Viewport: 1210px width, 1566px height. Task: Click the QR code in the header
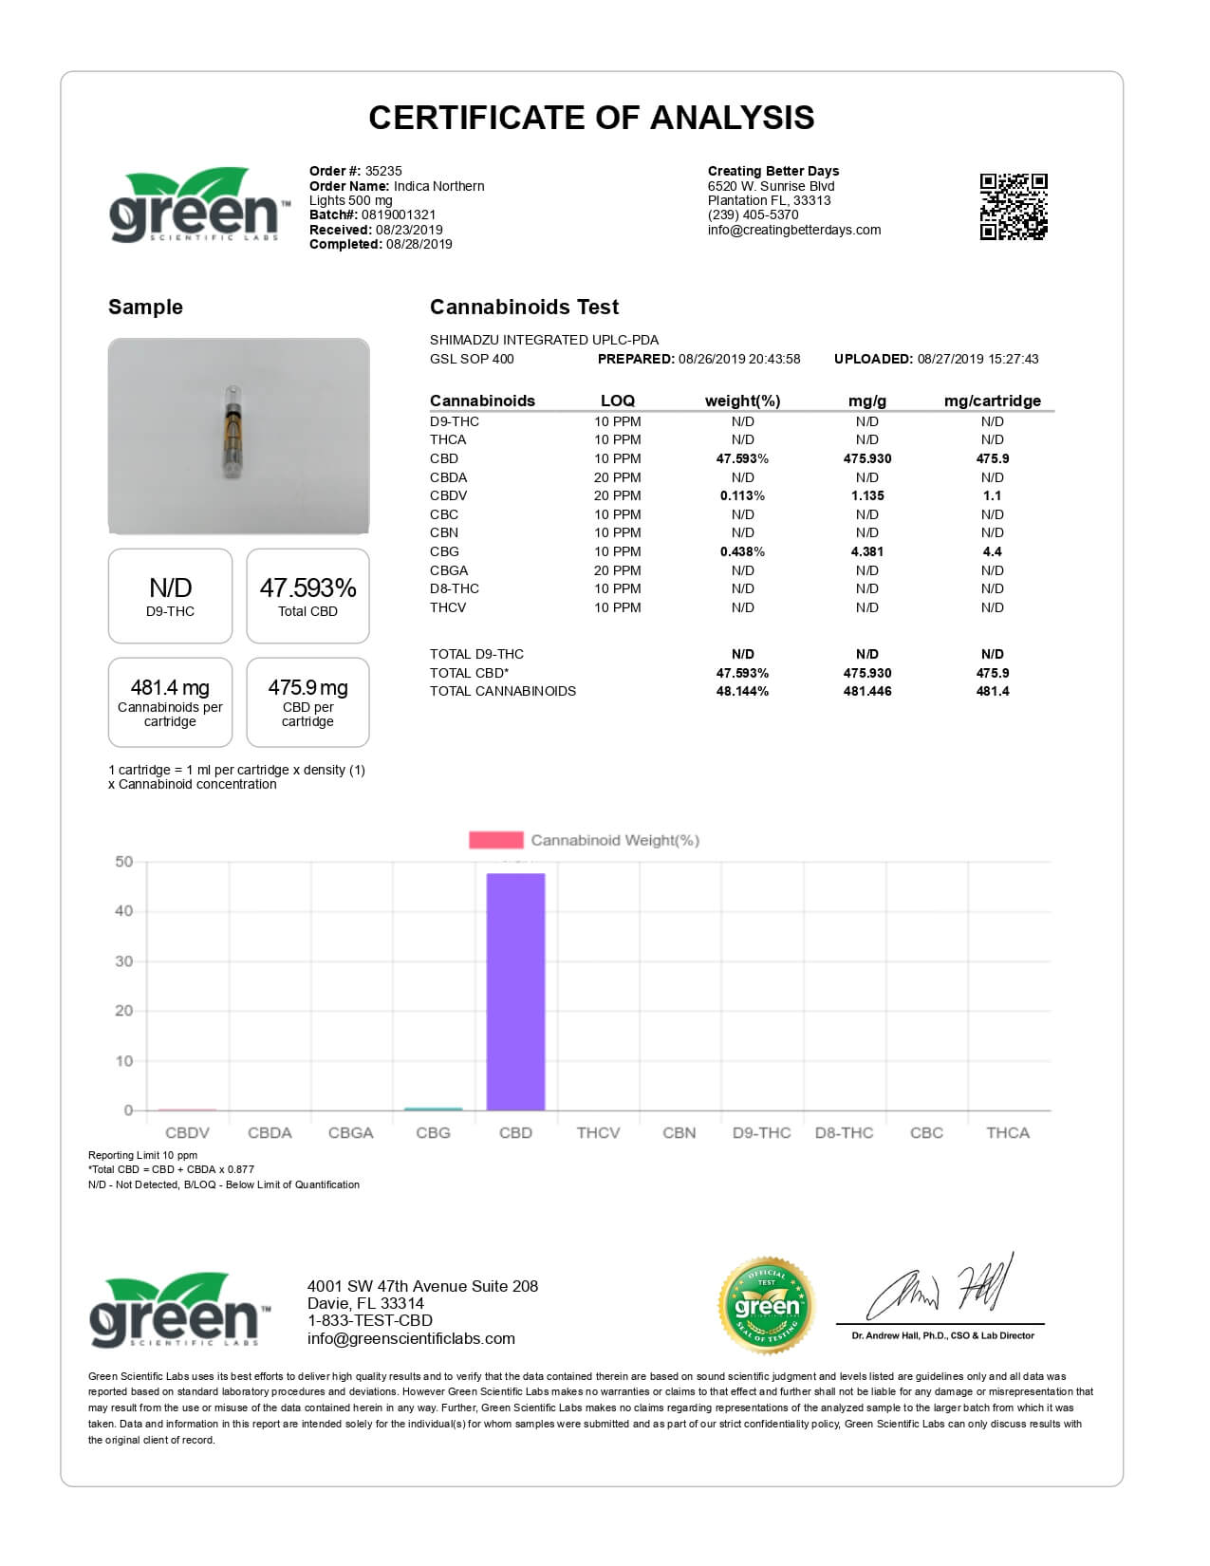tap(1013, 206)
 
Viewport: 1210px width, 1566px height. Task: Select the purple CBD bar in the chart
tap(515, 991)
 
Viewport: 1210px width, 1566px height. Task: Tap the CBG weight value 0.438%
tap(742, 551)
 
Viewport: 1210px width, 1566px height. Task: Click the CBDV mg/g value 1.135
tap(866, 495)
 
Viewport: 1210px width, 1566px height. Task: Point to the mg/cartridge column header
tap(992, 401)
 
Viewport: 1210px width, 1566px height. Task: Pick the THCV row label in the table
tap(448, 607)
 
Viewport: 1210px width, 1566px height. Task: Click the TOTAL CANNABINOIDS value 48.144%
tap(742, 691)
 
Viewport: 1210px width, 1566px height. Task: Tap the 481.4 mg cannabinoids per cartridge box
tap(170, 702)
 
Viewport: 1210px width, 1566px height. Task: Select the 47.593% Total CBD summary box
tap(307, 596)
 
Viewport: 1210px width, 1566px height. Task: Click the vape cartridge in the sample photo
tap(233, 432)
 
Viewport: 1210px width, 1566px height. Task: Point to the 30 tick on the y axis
tap(124, 961)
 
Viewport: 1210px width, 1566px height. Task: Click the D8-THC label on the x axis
tap(844, 1133)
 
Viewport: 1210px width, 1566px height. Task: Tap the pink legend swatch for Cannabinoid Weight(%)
tap(495, 840)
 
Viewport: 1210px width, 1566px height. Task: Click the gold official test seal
tap(767, 1306)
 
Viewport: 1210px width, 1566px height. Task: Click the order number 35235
tap(383, 171)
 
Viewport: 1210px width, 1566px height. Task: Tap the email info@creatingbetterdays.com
tap(794, 230)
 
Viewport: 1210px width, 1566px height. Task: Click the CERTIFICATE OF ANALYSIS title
tap(591, 118)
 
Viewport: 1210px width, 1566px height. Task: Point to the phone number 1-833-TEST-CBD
tap(369, 1321)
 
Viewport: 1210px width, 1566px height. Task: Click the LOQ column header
tap(617, 401)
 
